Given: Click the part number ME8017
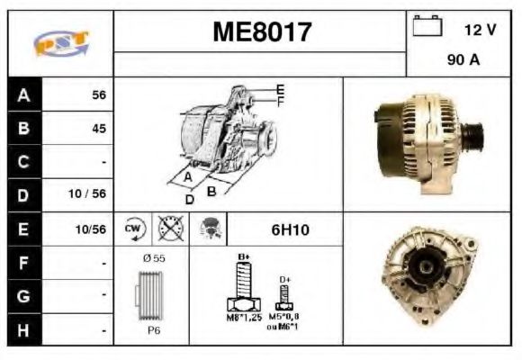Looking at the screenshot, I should pyautogui.click(x=262, y=33).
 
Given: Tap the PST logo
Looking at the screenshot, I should pyautogui.click(x=60, y=43).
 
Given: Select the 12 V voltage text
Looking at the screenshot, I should pyautogui.click(x=480, y=30).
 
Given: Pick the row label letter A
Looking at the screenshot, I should pyautogui.click(x=22, y=94).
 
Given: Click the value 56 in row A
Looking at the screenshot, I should pyautogui.click(x=99, y=94).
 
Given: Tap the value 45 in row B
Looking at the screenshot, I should pyautogui.click(x=99, y=128).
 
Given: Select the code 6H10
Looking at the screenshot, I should pyautogui.click(x=290, y=230).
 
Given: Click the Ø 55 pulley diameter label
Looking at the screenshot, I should pyautogui.click(x=153, y=258).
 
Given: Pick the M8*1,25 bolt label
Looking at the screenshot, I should pyautogui.click(x=243, y=318).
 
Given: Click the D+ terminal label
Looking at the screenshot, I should pyautogui.click(x=285, y=280).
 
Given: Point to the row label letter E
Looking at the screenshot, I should pyautogui.click(x=22, y=229).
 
